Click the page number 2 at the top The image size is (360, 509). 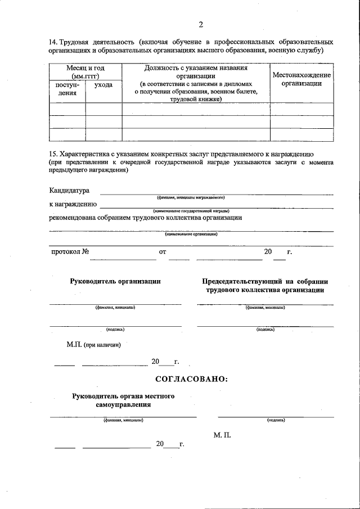(200, 24)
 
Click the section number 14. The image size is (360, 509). (53, 42)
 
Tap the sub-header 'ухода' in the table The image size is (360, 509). (103, 84)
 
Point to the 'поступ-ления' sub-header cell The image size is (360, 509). (67, 88)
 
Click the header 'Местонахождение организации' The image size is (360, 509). (301, 79)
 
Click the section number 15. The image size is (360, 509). (53, 154)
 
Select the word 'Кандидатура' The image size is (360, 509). (69, 191)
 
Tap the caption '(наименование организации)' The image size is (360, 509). (191, 235)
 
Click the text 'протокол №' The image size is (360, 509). (70, 251)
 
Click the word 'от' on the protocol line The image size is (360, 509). (163, 252)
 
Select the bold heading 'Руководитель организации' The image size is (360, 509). (115, 281)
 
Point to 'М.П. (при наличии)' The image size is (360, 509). (93, 344)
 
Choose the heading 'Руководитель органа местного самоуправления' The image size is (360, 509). (123, 400)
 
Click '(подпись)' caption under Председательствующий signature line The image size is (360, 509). (265, 330)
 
